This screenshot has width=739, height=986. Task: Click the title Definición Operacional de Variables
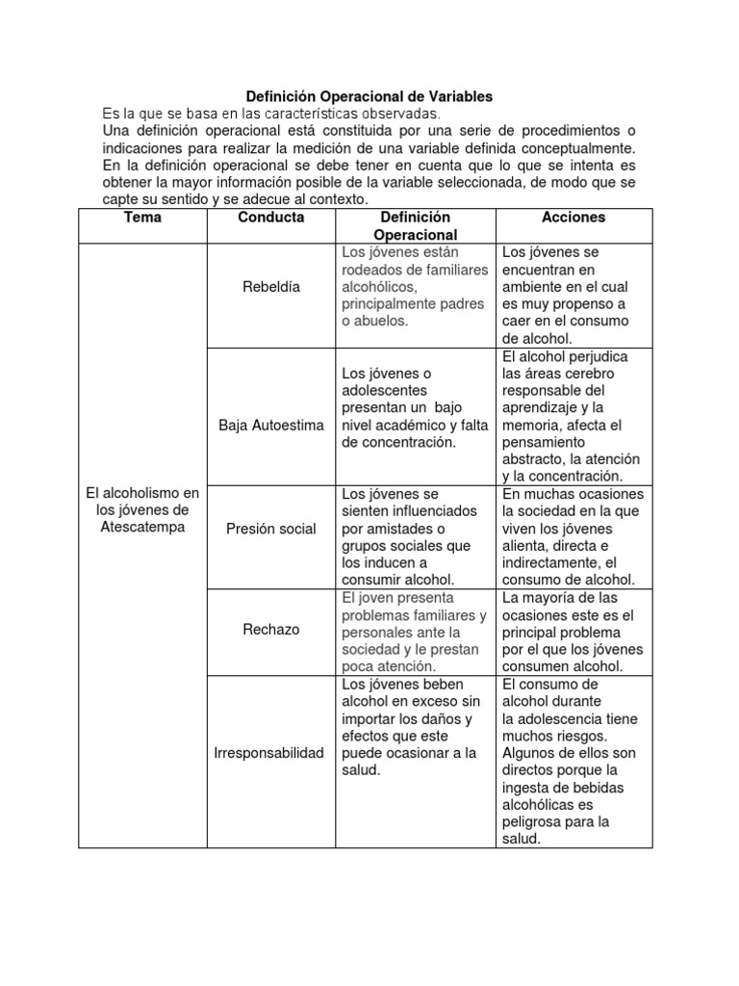pyautogui.click(x=369, y=96)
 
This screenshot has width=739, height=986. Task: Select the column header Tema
pyautogui.click(x=142, y=218)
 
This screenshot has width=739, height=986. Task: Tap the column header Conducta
pyautogui.click(x=271, y=218)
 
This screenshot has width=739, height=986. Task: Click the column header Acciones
pyautogui.click(x=573, y=218)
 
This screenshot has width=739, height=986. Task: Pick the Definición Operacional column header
pyautogui.click(x=415, y=226)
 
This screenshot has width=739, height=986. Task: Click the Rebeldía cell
pyautogui.click(x=271, y=287)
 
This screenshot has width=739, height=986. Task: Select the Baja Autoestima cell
pyautogui.click(x=271, y=425)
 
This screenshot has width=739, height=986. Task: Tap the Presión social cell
pyautogui.click(x=271, y=529)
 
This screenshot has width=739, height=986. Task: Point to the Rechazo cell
pyautogui.click(x=271, y=629)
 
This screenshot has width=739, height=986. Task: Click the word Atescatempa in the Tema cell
pyautogui.click(x=142, y=528)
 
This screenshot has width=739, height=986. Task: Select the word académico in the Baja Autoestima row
pyautogui.click(x=417, y=425)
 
